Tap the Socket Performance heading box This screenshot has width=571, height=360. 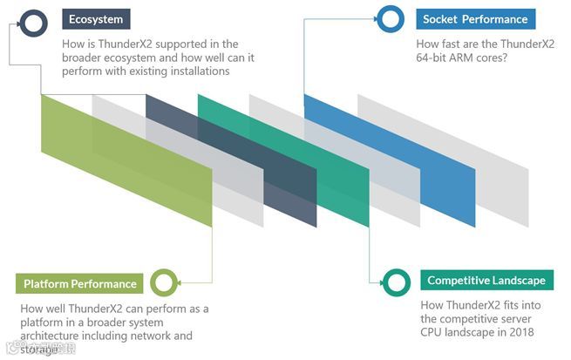474,18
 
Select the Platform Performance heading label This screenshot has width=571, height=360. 79,283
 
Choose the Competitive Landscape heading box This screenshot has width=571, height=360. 486,281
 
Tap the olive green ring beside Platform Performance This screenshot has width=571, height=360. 164,282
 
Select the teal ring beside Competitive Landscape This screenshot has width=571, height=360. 397,281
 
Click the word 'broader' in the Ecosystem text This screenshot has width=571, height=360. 85,58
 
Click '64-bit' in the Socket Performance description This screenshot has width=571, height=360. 438,58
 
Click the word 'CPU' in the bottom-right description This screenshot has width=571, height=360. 433,332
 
